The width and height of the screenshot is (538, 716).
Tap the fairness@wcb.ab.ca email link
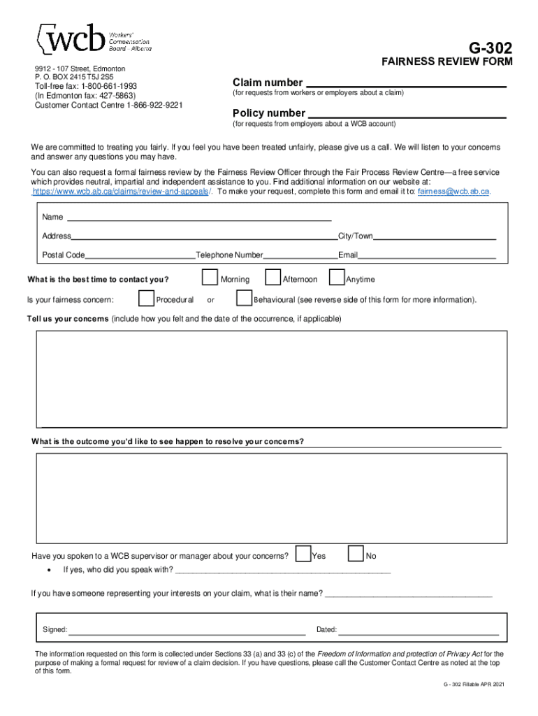(x=453, y=191)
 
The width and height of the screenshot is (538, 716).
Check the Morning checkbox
(x=210, y=278)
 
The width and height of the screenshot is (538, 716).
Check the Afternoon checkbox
(x=273, y=278)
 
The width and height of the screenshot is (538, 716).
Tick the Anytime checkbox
(x=337, y=278)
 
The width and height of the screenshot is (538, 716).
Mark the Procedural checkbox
(x=146, y=299)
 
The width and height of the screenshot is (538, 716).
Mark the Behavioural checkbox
(x=244, y=299)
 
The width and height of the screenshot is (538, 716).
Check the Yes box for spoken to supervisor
(x=303, y=554)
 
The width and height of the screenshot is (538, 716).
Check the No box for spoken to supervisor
(x=356, y=554)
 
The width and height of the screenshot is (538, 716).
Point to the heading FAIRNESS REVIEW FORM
(x=446, y=62)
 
